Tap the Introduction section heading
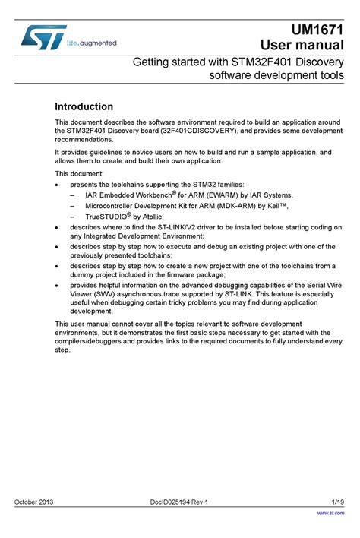tap(84, 107)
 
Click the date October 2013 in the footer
tap(34, 502)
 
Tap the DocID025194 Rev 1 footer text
tap(179, 502)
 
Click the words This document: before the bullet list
tap(80, 173)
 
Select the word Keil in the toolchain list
tap(270, 205)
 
